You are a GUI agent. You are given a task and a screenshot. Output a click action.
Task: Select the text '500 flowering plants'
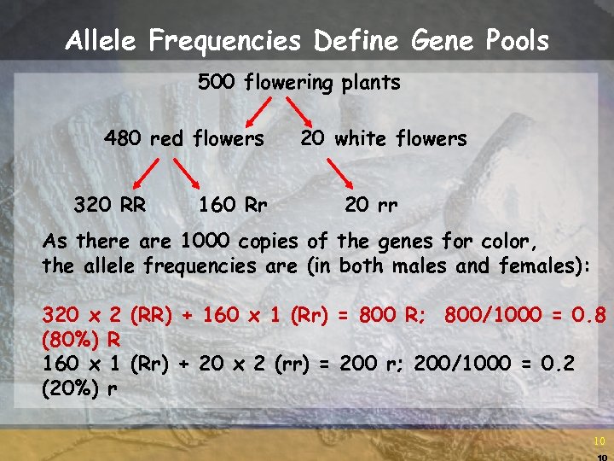[x=298, y=83]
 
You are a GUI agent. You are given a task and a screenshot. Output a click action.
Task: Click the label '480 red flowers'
[x=183, y=138]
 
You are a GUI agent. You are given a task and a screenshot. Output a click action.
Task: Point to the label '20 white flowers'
[x=384, y=138]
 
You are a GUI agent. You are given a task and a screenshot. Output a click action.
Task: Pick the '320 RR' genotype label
[x=108, y=205]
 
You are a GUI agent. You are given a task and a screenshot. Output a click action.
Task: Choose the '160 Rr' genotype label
[x=233, y=205]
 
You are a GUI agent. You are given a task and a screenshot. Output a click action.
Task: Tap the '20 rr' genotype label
[x=372, y=205]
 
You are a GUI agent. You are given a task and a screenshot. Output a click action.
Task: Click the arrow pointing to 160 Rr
[x=185, y=174]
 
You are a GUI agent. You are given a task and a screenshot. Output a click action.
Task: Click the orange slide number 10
[x=600, y=441]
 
